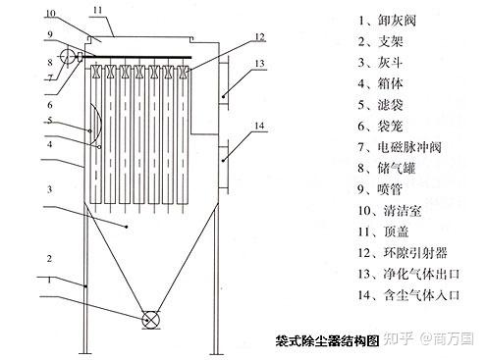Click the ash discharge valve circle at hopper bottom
click(150, 319)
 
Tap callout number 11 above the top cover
click(98, 11)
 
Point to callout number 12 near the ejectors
click(259, 37)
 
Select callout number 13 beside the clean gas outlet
click(259, 64)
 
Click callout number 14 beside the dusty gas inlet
click(259, 126)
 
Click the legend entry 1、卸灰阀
click(387, 21)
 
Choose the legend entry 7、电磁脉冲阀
click(400, 147)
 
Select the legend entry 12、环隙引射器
click(403, 253)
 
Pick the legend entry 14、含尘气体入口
click(408, 295)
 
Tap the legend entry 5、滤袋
click(380, 105)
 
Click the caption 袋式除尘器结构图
click(327, 340)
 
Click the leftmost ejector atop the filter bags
click(96, 72)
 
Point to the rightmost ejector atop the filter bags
click(183, 72)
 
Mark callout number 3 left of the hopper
click(49, 189)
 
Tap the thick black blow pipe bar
click(135, 57)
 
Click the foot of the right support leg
click(215, 353)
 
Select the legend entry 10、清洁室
click(390, 211)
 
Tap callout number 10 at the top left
click(50, 14)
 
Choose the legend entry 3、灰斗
click(380, 63)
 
